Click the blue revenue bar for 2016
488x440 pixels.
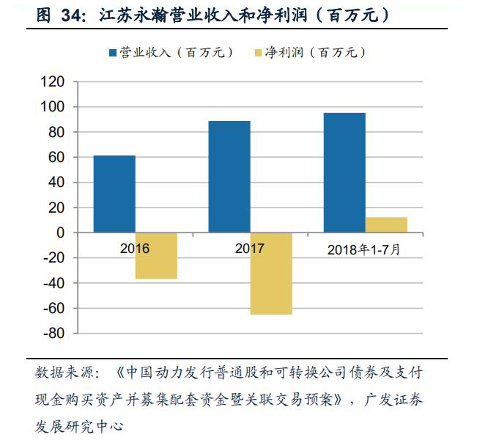[x=114, y=194]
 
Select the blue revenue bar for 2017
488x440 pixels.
[x=229, y=177]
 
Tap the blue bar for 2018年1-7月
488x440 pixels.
[x=344, y=172]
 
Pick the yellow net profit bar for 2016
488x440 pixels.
[x=156, y=256]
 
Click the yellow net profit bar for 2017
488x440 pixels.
[x=271, y=274]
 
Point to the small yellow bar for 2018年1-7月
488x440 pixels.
[x=386, y=224]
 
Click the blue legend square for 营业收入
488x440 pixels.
[x=113, y=54]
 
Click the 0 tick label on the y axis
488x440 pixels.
[x=60, y=232]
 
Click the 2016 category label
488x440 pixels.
[x=135, y=249]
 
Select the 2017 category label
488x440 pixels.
[x=250, y=249]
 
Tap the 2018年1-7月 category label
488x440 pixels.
[x=364, y=249]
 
